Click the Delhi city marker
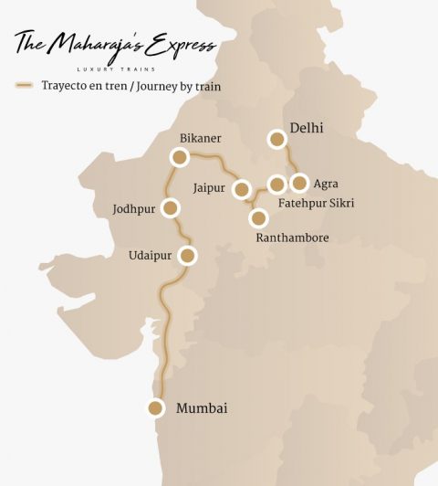(277, 139)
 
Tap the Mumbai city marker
(156, 408)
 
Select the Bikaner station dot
(180, 158)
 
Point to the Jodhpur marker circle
(170, 207)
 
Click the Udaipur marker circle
(187, 256)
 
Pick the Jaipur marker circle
(242, 189)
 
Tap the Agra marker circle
(299, 183)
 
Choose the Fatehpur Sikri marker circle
(277, 185)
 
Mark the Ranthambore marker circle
(258, 218)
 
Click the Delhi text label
(307, 128)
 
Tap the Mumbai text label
(201, 408)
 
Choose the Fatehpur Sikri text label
(316, 202)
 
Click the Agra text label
(325, 184)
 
